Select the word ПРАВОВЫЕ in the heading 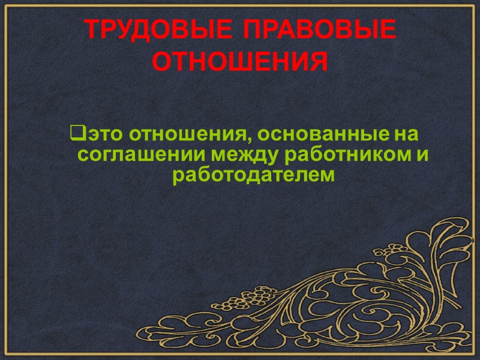click(318, 29)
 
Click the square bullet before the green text click(75, 130)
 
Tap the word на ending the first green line click(406, 131)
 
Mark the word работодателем click(252, 176)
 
